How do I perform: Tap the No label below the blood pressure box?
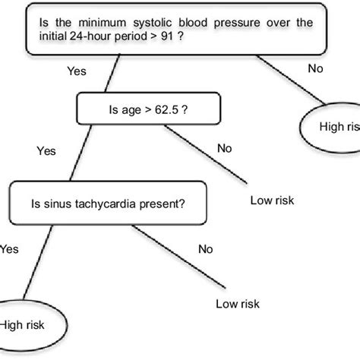click(314, 68)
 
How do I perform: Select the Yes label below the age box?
click(46, 151)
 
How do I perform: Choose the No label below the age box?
click(224, 148)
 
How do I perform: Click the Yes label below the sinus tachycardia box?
click(9, 248)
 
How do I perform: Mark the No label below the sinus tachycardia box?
click(205, 248)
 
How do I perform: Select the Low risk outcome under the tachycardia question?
click(238, 303)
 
